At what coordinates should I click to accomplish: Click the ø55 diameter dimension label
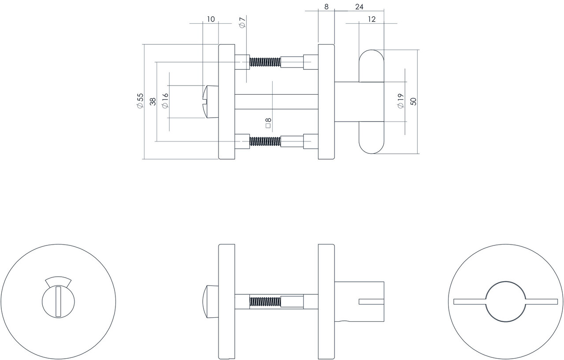pos(140,101)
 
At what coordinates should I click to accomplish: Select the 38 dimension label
pos(152,101)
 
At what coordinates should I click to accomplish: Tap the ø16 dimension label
pos(165,101)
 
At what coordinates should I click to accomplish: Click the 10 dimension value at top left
pos(211,19)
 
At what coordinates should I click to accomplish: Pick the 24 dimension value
pos(359,7)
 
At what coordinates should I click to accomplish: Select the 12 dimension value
pos(371,19)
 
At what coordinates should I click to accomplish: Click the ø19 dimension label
pos(401,101)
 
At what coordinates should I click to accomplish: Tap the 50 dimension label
pos(413,101)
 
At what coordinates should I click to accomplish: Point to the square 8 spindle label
pos(267,122)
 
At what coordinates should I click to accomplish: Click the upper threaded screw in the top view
pos(265,62)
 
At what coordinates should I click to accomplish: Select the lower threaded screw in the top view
pos(265,141)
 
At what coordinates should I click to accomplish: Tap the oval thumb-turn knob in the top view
pos(371,102)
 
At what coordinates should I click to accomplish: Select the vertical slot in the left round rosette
pos(58,301)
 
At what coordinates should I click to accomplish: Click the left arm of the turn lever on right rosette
pos(470,301)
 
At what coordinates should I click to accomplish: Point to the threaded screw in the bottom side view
pos(265,302)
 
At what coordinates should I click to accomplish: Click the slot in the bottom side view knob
pos(371,302)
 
